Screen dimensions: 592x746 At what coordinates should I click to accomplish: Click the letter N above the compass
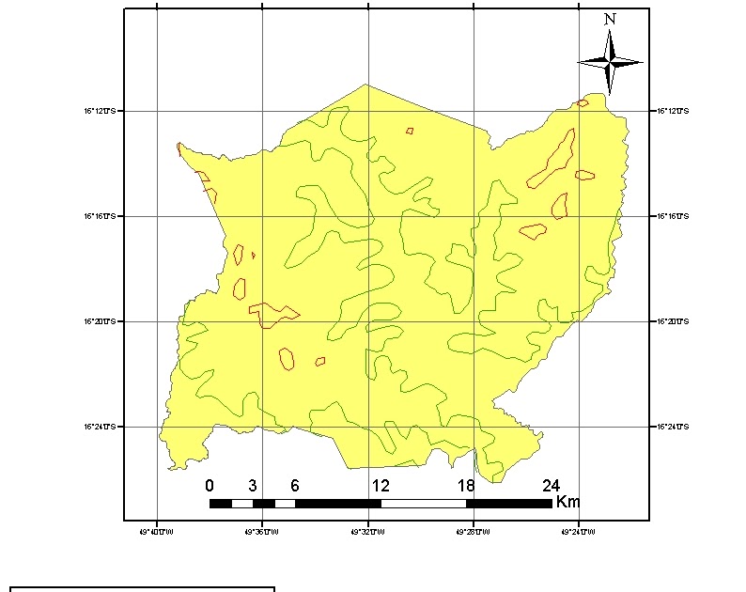tap(610, 19)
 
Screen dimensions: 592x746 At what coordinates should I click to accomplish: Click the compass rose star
tap(610, 62)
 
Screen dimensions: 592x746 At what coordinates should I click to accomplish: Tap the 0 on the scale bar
tap(210, 486)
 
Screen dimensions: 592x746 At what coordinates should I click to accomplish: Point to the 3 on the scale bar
tap(253, 486)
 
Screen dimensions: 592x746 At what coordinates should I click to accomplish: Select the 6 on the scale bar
tap(295, 486)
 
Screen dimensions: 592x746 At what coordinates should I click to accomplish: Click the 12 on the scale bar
tap(381, 486)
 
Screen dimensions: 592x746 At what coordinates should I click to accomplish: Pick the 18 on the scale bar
tap(466, 486)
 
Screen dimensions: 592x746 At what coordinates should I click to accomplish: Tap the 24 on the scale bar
tap(551, 486)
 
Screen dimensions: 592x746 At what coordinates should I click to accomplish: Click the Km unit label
tap(568, 502)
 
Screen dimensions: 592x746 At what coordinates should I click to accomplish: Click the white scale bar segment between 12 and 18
tap(424, 504)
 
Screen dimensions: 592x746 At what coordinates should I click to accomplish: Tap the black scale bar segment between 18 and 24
tap(508, 504)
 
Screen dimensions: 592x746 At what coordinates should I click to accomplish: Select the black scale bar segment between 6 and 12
tap(338, 504)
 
